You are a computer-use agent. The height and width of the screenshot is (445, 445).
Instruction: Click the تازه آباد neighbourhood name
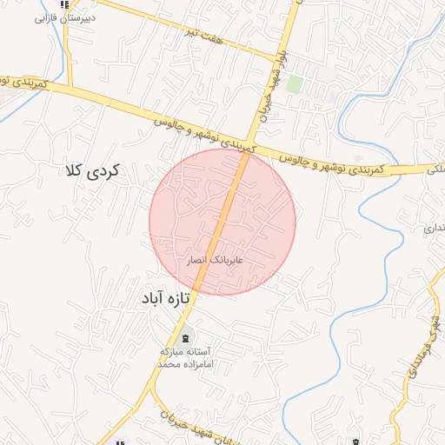coord(164,298)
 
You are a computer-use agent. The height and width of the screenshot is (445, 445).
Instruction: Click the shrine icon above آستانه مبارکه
coord(184,338)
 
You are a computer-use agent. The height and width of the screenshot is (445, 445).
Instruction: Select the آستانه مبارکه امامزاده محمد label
coord(184,358)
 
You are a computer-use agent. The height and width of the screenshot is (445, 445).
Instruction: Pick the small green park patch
coord(295,84)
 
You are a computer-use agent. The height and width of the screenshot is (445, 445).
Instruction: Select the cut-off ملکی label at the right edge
coord(435,171)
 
